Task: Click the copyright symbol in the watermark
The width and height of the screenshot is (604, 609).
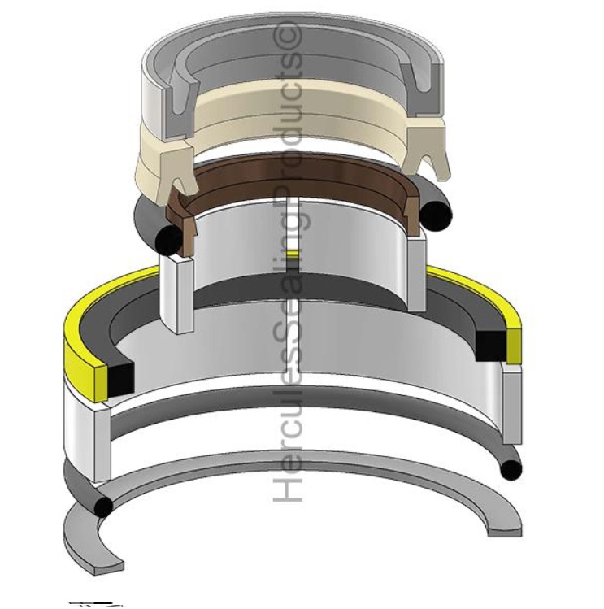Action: [290, 37]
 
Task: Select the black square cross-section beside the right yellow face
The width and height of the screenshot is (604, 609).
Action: [490, 346]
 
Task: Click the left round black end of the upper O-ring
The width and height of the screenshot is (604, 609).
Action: [170, 238]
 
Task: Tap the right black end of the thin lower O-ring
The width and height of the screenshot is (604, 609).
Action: [510, 469]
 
